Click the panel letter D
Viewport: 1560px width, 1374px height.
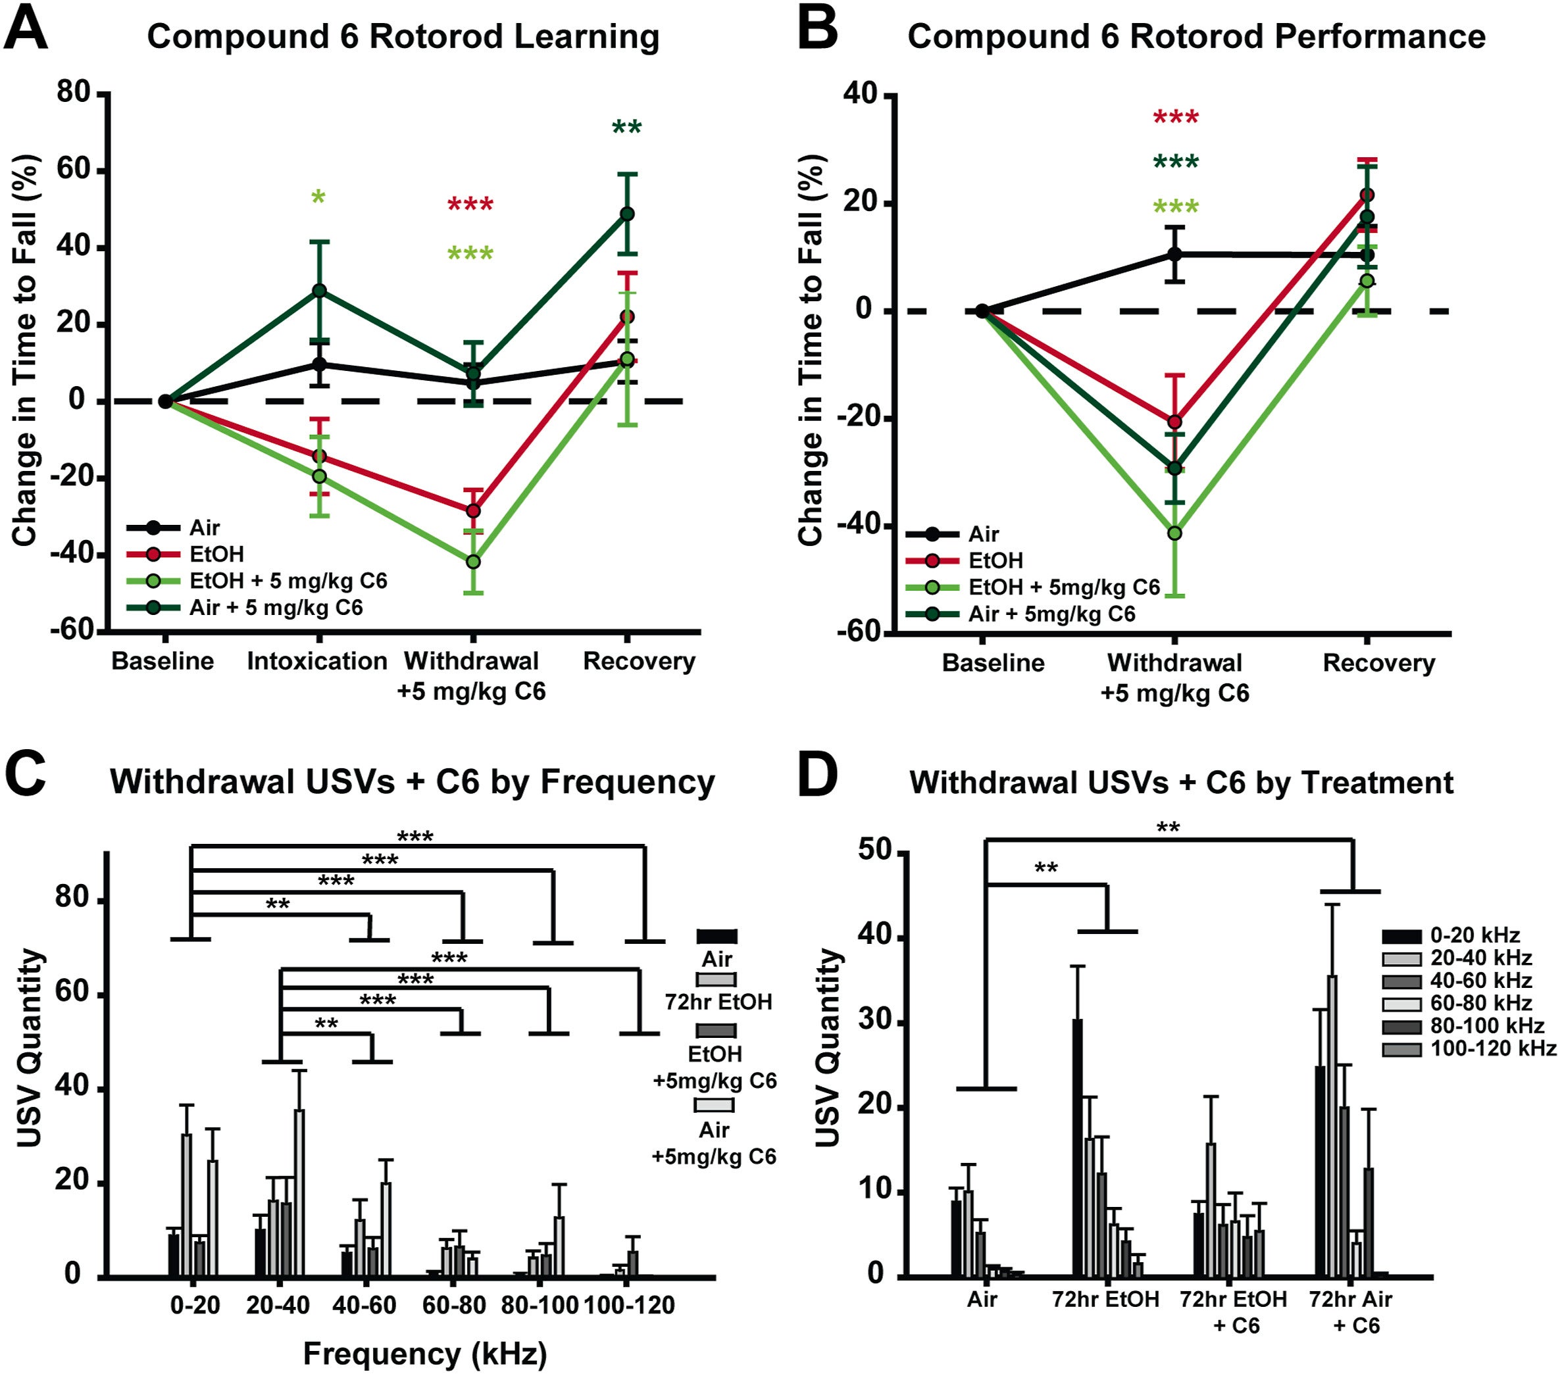tap(817, 776)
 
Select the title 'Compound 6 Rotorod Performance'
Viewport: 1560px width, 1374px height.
tap(1196, 36)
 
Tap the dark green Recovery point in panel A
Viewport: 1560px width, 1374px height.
tap(626, 214)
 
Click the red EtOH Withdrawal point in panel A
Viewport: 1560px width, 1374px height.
tap(473, 510)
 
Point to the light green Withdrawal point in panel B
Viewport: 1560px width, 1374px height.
tap(1174, 533)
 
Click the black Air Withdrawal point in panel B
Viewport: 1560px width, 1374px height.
tap(1174, 254)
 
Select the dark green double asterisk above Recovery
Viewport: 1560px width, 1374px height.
tap(626, 128)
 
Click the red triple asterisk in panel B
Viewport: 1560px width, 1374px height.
tap(1175, 118)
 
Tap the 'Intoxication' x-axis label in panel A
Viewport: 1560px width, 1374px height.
tap(316, 660)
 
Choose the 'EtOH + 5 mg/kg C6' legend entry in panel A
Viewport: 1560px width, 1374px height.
tap(288, 581)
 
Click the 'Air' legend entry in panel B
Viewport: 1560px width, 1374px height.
tap(983, 534)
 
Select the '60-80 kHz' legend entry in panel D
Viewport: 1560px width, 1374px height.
tap(1480, 1002)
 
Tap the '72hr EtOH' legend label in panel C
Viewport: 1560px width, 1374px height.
tap(717, 1001)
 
